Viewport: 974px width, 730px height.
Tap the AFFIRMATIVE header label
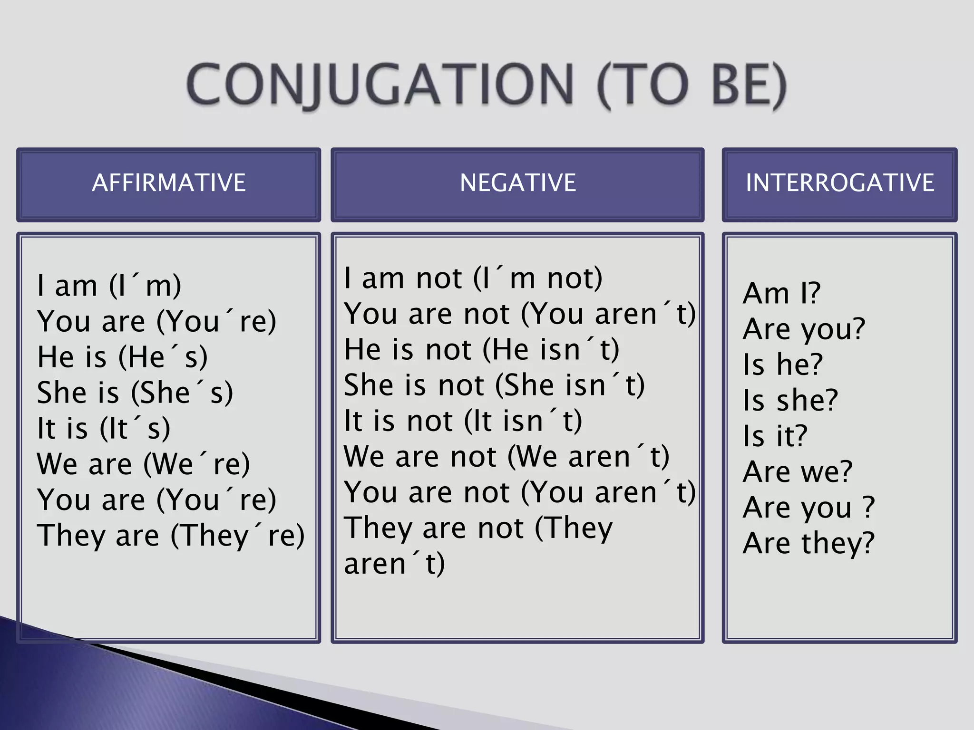coord(169,183)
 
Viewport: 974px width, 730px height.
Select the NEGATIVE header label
coord(517,183)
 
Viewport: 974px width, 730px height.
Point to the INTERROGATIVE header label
coord(839,183)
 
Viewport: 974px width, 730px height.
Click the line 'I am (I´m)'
coord(109,286)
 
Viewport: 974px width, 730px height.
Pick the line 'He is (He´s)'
coord(123,357)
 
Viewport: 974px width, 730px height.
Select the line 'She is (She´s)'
coord(135,393)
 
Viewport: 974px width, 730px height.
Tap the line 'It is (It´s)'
coord(104,429)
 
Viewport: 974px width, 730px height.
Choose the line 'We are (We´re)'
coord(143,464)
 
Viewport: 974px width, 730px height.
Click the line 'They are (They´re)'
coord(171,536)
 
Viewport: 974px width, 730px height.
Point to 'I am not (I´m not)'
coord(473,278)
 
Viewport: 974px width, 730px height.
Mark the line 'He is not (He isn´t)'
coord(482,349)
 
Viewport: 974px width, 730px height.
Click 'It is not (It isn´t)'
coord(463,421)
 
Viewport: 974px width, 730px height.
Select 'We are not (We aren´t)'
coord(506,457)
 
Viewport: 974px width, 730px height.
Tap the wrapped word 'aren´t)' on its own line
coord(394,564)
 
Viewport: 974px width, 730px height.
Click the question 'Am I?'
coord(781,293)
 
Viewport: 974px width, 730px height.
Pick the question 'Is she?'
coord(790,400)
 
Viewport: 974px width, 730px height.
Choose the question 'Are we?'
coord(798,471)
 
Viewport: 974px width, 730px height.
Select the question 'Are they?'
coord(808,543)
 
